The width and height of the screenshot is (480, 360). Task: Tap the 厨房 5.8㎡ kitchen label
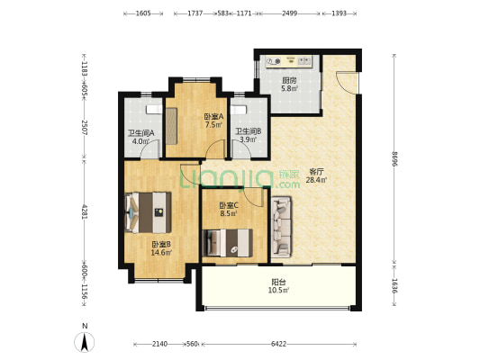point(289,85)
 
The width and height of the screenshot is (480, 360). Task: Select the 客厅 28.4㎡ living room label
point(316,175)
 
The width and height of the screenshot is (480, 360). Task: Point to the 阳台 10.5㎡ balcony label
point(278,285)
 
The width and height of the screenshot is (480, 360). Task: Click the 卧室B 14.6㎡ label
point(161,248)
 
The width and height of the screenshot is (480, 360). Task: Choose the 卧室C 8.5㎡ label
point(229,209)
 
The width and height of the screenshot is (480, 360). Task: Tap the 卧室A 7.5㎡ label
point(213,121)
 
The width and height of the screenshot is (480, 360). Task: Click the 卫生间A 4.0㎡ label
point(140,137)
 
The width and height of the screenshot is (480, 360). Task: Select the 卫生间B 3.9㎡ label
point(248,136)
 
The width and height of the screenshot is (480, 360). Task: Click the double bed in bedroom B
point(149,212)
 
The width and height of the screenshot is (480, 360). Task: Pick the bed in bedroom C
point(228,243)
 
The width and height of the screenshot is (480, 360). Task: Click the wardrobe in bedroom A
point(171,126)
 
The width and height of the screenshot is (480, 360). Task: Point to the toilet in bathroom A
point(154,109)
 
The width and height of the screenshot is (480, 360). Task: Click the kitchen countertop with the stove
point(289,61)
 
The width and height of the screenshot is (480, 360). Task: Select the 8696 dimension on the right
point(394,158)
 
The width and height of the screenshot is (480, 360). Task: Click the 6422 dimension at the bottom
point(278,344)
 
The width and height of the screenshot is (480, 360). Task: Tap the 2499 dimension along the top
point(289,13)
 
